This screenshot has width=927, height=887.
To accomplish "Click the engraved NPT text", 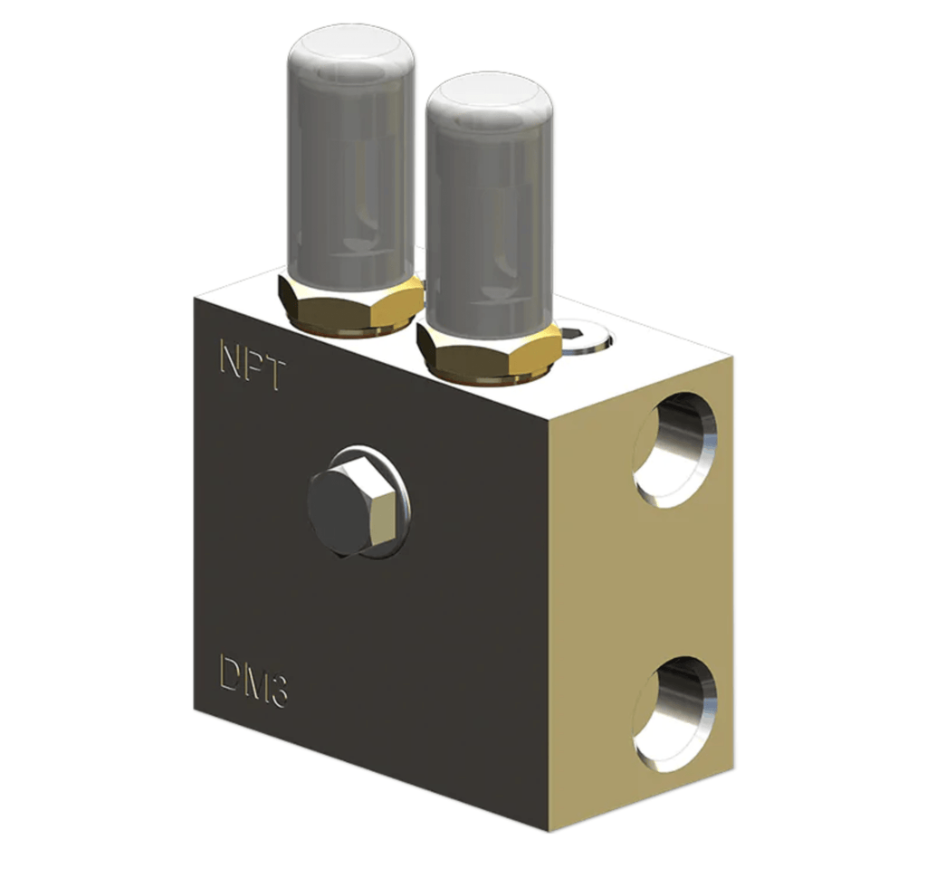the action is coord(253,364).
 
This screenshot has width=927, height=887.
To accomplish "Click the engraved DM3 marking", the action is coord(253,680).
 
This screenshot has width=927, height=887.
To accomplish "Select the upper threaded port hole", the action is coord(675,450).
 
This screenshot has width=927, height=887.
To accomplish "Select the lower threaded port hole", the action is coord(675,714).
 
